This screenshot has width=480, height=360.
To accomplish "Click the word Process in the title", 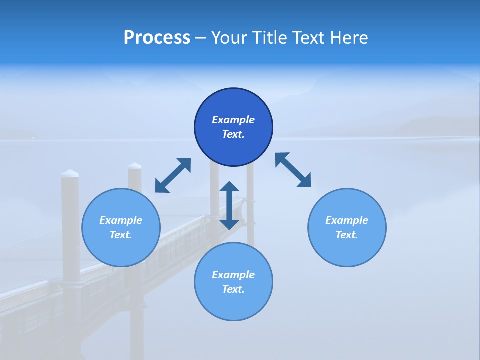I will (x=157, y=38).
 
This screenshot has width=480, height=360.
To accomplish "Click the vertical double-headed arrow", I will (x=229, y=205).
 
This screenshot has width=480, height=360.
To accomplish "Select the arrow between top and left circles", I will (x=173, y=175).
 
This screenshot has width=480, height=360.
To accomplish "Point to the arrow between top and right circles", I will (x=293, y=170).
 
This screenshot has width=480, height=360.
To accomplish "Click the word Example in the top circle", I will (x=233, y=120).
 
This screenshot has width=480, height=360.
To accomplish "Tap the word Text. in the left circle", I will (x=121, y=235).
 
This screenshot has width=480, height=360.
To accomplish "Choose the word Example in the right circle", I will (x=347, y=220).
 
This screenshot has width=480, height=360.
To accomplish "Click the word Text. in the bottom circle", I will (x=233, y=289).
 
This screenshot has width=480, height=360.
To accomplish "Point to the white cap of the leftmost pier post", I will (x=70, y=173).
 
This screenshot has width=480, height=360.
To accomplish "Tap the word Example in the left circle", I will (x=121, y=220).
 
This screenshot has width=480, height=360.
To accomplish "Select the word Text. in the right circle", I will (x=347, y=235).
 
